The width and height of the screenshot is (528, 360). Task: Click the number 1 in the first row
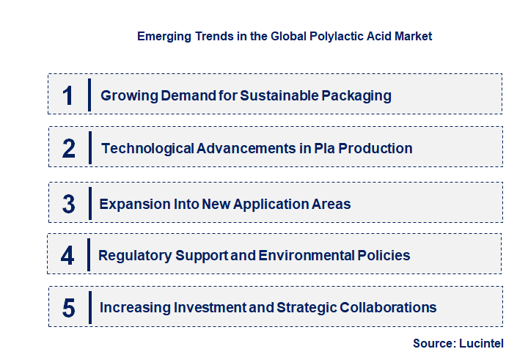pyautogui.click(x=68, y=95)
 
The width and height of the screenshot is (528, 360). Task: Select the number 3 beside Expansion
pyautogui.click(x=69, y=204)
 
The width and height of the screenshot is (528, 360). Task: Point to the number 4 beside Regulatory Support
pyautogui.click(x=68, y=256)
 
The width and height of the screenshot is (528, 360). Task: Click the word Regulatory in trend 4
pyautogui.click(x=136, y=256)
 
